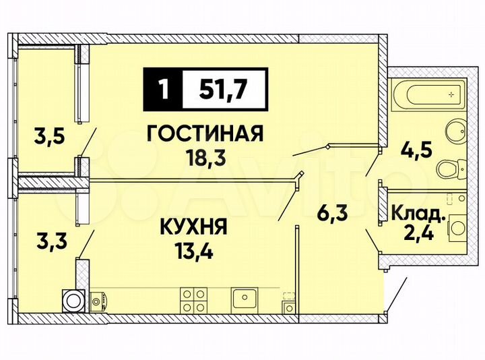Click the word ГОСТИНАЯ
pos(204,134)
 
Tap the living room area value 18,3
pos(204,158)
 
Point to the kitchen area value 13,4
pos(193,252)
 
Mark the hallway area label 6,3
pos(333,216)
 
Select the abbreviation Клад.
pos(418,216)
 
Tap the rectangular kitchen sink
pos(243,297)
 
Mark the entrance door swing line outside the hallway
pos(397,296)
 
